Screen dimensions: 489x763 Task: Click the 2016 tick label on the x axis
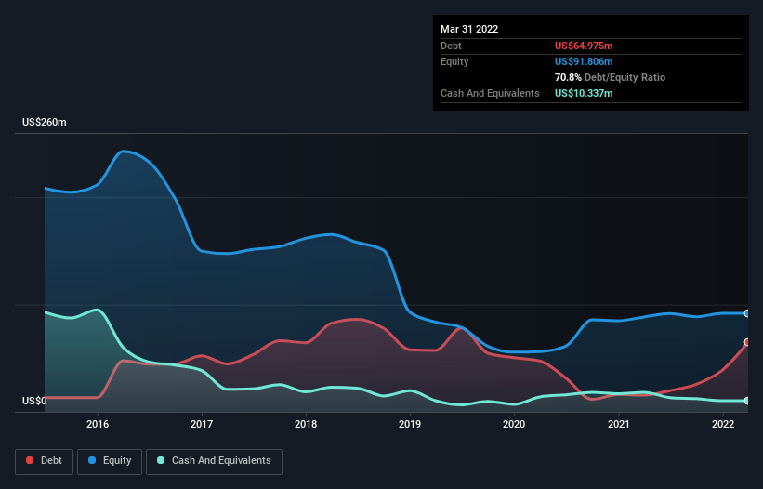(x=98, y=425)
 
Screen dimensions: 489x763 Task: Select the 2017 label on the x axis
(x=202, y=425)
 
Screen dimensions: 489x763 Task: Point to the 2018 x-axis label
(x=306, y=425)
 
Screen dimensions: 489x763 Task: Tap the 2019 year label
(x=410, y=425)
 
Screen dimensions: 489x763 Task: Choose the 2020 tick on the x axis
(x=514, y=425)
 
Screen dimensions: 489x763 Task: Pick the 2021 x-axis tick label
(x=619, y=425)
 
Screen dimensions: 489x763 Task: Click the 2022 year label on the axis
(x=723, y=425)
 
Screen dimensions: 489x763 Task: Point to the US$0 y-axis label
(x=34, y=402)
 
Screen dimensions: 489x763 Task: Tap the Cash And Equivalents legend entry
(x=214, y=461)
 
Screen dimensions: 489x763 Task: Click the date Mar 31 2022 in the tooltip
(x=469, y=29)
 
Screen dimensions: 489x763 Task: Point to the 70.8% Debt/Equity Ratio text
(x=610, y=77)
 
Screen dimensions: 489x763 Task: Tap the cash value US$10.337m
(x=584, y=93)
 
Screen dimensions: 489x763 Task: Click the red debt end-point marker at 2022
(x=746, y=342)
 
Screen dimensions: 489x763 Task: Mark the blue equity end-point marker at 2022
(x=746, y=313)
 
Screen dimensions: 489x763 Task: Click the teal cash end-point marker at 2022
(x=746, y=401)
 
